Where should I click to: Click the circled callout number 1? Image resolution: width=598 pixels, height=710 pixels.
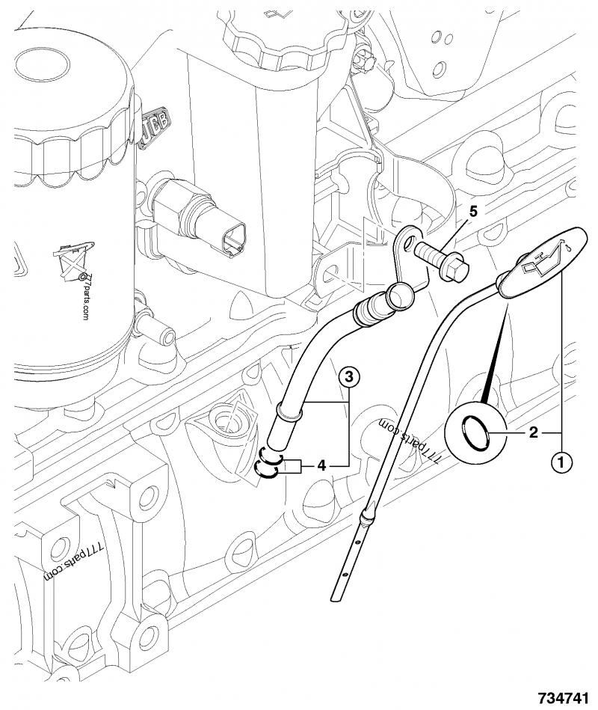tap(561, 462)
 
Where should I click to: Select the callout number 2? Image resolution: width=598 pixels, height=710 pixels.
tap(533, 432)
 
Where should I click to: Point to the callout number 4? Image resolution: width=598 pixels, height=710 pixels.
tap(321, 465)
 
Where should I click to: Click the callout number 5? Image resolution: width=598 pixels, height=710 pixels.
tap(473, 211)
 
